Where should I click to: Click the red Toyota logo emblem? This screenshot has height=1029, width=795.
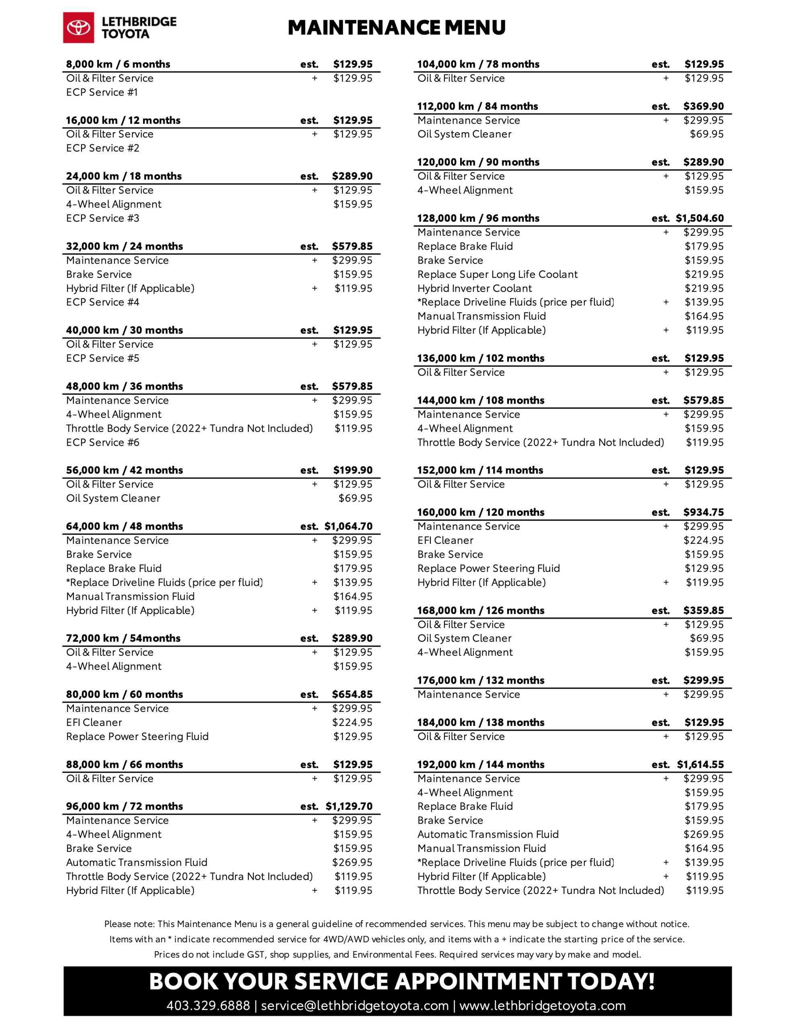(79, 28)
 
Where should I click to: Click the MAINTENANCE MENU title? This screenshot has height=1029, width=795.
(396, 28)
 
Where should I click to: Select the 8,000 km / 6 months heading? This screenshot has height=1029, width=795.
(118, 64)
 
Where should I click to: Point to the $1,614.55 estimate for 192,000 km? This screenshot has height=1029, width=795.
(700, 764)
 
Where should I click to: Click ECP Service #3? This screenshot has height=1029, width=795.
(103, 218)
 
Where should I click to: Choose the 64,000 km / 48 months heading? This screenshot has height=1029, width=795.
(125, 526)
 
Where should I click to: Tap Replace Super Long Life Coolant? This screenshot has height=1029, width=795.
(497, 274)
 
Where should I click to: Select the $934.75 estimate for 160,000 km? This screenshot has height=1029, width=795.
(703, 512)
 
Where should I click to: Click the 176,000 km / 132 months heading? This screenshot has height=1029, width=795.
(480, 681)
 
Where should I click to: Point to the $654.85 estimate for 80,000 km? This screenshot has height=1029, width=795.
(352, 695)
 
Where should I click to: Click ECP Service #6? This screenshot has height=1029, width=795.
(103, 443)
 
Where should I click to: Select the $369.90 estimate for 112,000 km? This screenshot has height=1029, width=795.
(703, 107)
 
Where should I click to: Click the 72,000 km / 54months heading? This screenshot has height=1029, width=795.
(123, 638)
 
